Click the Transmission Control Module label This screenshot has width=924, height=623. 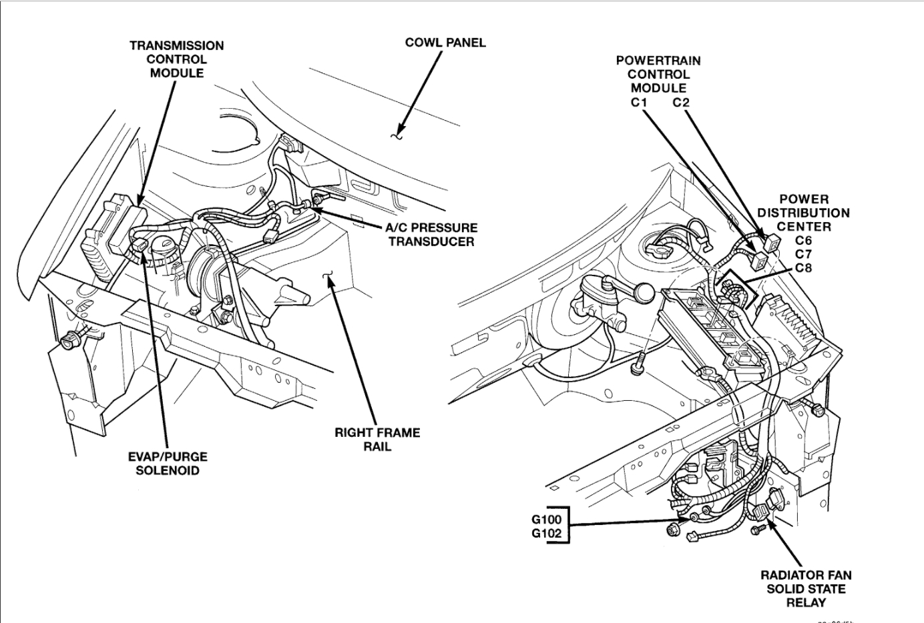177,59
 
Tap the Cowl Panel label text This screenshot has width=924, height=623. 445,43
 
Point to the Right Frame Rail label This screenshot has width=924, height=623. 377,439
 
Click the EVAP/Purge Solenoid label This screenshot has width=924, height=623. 168,464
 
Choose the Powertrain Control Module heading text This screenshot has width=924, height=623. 658,74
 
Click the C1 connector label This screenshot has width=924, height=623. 639,103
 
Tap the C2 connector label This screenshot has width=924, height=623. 681,103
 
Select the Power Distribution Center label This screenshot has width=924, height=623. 804,213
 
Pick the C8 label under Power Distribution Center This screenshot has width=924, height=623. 803,268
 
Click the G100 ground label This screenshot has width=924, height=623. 547,519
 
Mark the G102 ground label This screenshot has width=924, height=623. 547,534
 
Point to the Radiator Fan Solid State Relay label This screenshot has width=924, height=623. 806,588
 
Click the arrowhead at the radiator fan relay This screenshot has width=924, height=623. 770,524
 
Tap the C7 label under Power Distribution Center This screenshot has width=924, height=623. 803,254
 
